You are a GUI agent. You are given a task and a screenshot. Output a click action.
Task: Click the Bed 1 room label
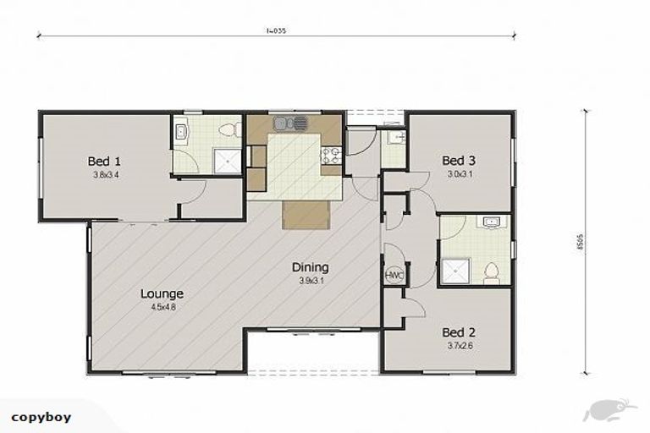(x=106, y=161)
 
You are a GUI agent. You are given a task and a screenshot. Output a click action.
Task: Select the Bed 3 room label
(x=458, y=160)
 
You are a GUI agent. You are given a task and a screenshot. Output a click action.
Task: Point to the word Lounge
(x=162, y=293)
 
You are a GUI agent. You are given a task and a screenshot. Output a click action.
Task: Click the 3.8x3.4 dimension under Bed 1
(x=106, y=175)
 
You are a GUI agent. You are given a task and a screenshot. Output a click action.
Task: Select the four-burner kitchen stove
(x=330, y=156)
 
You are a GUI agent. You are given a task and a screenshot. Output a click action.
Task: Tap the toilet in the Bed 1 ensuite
(x=225, y=129)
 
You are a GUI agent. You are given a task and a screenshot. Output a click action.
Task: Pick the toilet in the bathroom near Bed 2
(x=491, y=273)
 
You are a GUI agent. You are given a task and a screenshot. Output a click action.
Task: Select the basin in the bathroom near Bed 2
(x=491, y=223)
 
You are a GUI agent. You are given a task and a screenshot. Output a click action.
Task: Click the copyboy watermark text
(x=41, y=416)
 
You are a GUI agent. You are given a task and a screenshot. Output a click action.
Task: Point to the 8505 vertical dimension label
(x=601, y=243)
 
